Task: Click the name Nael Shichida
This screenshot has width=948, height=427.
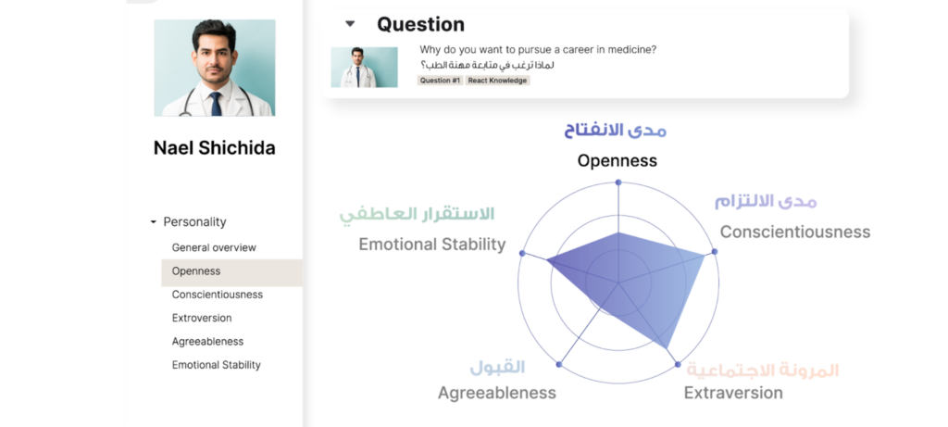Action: click(x=214, y=148)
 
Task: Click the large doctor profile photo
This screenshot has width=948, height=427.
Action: click(x=214, y=68)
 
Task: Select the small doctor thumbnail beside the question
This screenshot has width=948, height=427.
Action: click(x=364, y=67)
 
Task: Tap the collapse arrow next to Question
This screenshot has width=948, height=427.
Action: click(x=349, y=24)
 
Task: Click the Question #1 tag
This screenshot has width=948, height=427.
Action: click(x=440, y=81)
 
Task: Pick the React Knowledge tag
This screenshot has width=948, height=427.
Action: click(x=497, y=81)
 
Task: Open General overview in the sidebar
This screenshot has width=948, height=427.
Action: click(x=214, y=248)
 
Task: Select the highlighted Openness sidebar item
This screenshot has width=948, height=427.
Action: click(x=196, y=271)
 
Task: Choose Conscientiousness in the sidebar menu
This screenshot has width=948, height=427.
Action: click(x=218, y=295)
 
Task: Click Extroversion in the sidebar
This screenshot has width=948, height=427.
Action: click(x=202, y=318)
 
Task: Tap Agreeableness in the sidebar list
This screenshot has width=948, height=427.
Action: click(x=207, y=342)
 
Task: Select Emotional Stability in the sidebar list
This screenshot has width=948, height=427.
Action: click(x=217, y=365)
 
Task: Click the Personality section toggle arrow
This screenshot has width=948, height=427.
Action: click(x=153, y=222)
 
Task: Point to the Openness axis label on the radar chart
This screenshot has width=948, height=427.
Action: click(x=617, y=160)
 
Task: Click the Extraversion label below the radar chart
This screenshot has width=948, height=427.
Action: click(x=733, y=393)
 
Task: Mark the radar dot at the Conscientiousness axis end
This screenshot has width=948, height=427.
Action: click(x=715, y=253)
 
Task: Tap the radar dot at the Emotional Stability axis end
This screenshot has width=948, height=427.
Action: click(x=522, y=253)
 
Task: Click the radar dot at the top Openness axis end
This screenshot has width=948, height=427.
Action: click(x=618, y=182)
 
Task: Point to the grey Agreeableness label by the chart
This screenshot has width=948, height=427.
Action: click(x=497, y=393)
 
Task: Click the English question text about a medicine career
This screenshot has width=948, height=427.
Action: click(x=544, y=50)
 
